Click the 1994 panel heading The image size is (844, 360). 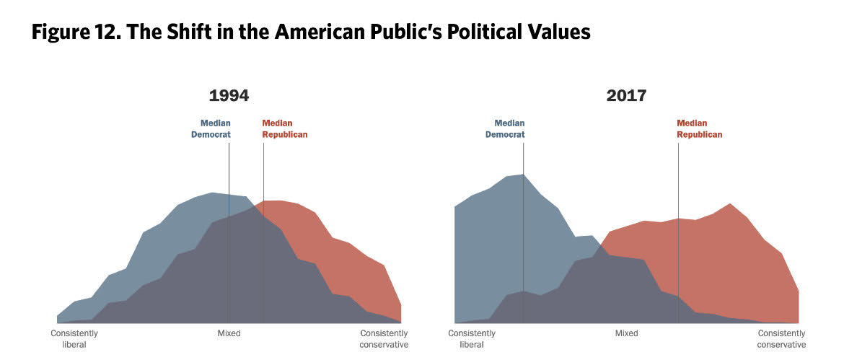pyautogui.click(x=229, y=96)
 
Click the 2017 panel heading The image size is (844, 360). pyautogui.click(x=626, y=96)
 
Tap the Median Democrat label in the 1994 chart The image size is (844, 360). pyautogui.click(x=211, y=128)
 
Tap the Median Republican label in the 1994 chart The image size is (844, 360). pyautogui.click(x=285, y=128)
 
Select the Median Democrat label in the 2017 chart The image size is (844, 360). pyautogui.click(x=505, y=128)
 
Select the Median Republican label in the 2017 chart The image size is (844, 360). pyautogui.click(x=699, y=128)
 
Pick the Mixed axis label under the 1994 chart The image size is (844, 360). pyautogui.click(x=229, y=333)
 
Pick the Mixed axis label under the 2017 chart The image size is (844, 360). pyautogui.click(x=627, y=333)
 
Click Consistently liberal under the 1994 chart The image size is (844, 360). pyautogui.click(x=74, y=339)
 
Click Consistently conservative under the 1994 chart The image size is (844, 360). pyautogui.click(x=384, y=339)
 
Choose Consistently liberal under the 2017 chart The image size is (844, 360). pyautogui.click(x=472, y=339)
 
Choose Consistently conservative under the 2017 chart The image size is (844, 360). pyautogui.click(x=781, y=339)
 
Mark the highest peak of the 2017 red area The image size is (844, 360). pyautogui.click(x=730, y=204)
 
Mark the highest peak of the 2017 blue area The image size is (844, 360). pyautogui.click(x=522, y=175)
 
